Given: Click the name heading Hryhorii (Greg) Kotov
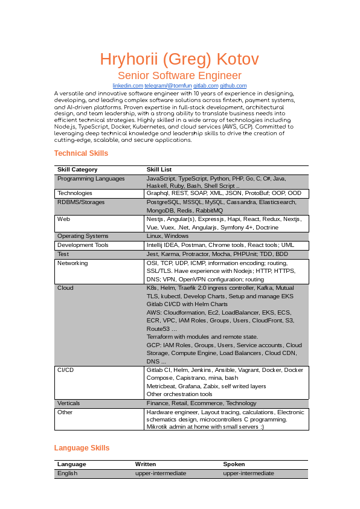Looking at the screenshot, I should click(x=179, y=59).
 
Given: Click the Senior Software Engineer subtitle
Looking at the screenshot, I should click(x=179, y=75).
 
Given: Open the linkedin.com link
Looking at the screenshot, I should click(x=127, y=86).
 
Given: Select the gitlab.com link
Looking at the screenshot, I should click(x=205, y=86).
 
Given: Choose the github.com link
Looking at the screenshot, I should click(x=233, y=86).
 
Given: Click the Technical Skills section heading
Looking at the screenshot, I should click(x=81, y=153).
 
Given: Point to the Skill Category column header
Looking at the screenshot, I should click(x=77, y=170).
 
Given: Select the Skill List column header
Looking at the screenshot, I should click(x=159, y=170).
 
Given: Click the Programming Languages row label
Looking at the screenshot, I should click(x=91, y=179).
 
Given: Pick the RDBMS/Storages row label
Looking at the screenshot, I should click(x=81, y=202).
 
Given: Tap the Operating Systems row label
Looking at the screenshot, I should click(x=83, y=236).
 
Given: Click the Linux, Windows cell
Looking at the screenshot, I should click(x=167, y=236).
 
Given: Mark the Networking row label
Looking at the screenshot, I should click(x=72, y=263).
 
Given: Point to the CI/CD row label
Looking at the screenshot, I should click(x=66, y=370).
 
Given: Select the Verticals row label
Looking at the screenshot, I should click(x=68, y=403).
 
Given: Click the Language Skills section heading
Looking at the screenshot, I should click(x=82, y=448).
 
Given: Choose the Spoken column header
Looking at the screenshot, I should click(x=234, y=464).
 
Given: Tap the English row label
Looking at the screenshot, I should click(x=67, y=473).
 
